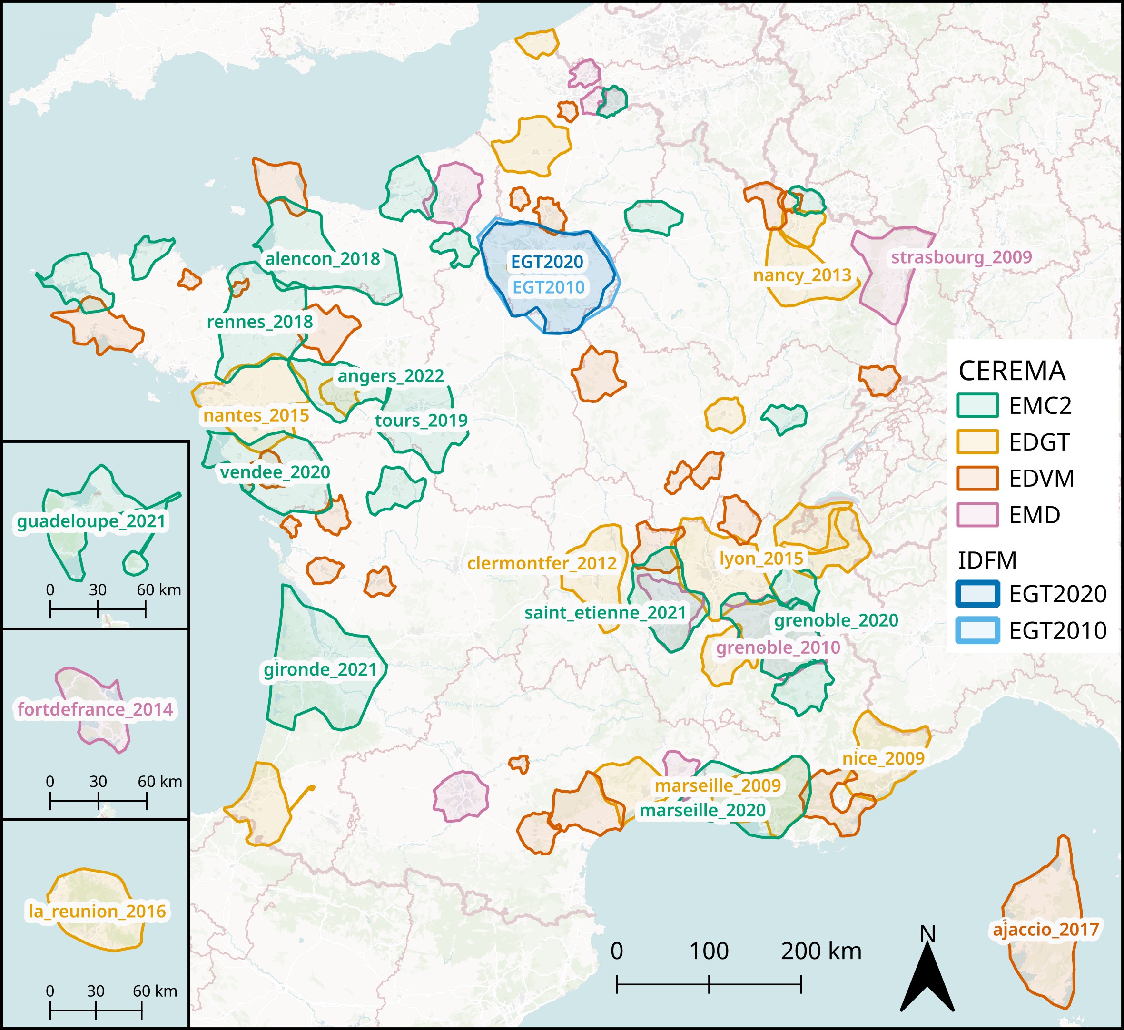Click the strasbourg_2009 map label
coord(961,257)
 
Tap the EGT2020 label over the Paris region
coord(547,262)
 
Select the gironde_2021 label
coord(321,669)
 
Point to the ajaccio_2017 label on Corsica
coord(1045,930)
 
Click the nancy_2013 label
coord(802,275)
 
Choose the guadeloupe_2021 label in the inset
coord(92,522)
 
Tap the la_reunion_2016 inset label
coord(98,911)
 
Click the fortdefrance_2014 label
coord(95,709)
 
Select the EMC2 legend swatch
coord(977,405)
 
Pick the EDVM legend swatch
coord(977,479)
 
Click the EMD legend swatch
coord(977,515)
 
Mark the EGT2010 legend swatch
coord(977,630)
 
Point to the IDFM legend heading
coord(987,560)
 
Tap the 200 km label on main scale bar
coord(821,952)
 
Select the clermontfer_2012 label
coord(542,563)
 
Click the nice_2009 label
coord(883,758)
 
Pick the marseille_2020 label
coord(702,810)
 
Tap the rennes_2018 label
coord(260,322)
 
